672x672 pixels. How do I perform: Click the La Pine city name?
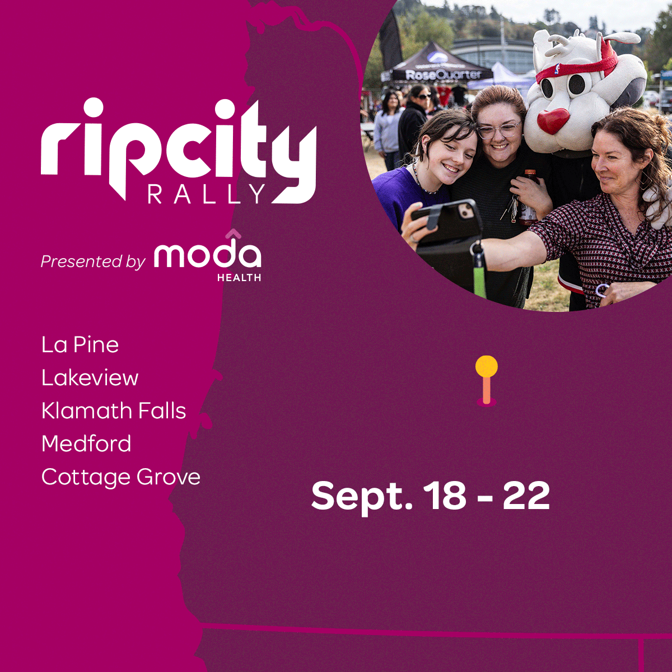[x=80, y=344]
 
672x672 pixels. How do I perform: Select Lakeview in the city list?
[x=90, y=377]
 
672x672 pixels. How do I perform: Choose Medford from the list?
[x=86, y=443]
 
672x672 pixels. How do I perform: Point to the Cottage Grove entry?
[x=121, y=477]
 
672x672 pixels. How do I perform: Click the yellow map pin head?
[x=487, y=366]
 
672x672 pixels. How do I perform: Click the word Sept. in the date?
[x=362, y=497]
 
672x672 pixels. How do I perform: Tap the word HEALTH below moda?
[x=239, y=278]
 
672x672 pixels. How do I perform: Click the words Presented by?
[x=93, y=262]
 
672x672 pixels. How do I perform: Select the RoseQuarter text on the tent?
[x=443, y=74]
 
